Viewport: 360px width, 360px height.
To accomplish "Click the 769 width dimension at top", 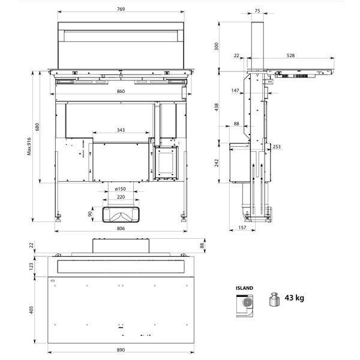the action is (121, 9).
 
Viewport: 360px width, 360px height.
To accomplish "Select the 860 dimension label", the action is (121, 91).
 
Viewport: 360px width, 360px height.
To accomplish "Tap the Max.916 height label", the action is (29, 146).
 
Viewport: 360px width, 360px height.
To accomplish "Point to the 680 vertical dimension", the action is (37, 127).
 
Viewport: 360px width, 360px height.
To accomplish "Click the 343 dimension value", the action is (121, 130).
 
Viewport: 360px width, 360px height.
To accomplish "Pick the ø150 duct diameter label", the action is (121, 189).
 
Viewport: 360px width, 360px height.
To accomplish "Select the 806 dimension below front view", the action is (121, 228).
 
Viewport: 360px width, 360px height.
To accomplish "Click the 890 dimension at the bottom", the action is (121, 350).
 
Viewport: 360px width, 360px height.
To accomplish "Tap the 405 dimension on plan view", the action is (31, 310).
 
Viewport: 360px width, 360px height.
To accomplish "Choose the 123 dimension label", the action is (31, 266).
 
